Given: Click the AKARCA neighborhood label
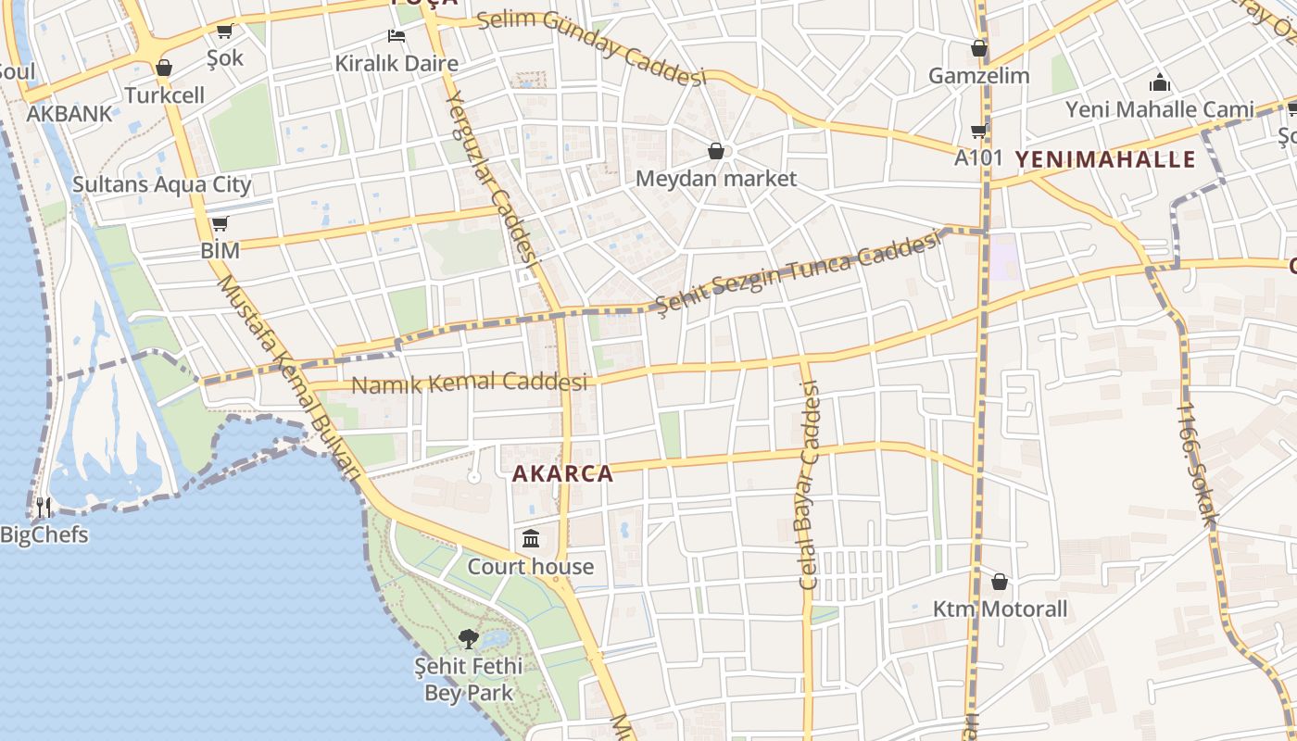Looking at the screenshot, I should coord(562,474).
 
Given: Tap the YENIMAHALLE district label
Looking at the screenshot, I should coord(1105,159).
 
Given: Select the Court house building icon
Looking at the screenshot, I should coord(531,538).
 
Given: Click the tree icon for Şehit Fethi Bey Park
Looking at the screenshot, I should coord(469,638).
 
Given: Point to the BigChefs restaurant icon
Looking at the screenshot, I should coord(44,508).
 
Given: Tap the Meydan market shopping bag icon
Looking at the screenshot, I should coord(715,150).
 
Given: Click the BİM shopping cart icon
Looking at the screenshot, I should coord(220,224).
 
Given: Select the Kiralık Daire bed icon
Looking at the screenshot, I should coord(397,37).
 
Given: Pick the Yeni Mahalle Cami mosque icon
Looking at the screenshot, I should coord(1159,82).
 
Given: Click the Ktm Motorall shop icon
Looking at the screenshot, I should coord(999,582).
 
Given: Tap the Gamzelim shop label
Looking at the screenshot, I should coord(979,76).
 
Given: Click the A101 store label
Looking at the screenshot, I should coord(978,157).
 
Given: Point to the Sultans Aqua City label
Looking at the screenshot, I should coord(162,184).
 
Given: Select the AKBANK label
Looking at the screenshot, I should coord(69,114).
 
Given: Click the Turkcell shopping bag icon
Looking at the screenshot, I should coord(164,68).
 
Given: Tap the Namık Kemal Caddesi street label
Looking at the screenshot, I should coord(471,383).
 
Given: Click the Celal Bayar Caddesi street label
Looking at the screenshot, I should coord(811,486).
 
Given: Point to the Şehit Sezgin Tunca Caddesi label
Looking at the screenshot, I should coord(797,270).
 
